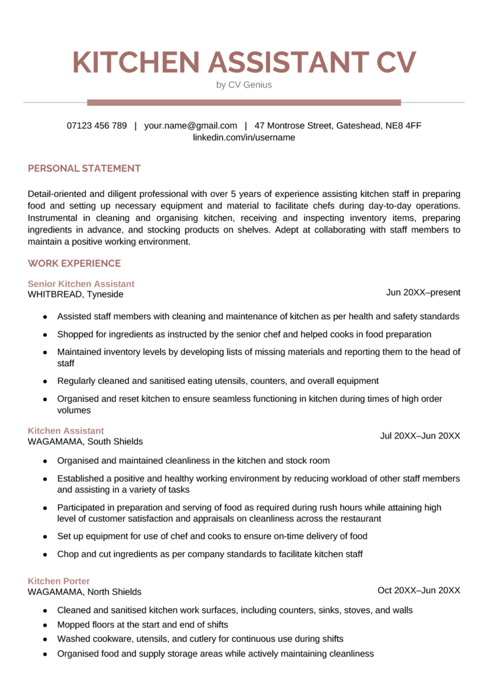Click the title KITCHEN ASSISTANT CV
244,62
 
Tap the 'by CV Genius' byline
244,85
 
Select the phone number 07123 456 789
97,126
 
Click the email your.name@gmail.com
191,126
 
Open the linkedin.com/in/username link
244,137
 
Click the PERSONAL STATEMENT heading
85,168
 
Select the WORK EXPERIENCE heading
74,263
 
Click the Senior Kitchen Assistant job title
81,284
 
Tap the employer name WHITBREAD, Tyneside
76,294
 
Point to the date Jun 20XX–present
423,292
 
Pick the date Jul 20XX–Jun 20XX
420,435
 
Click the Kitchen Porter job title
59,581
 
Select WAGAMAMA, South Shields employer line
85,441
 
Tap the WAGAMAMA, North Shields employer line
85,592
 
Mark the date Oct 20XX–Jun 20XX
419,590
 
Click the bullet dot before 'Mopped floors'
45,625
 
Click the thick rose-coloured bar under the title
244,102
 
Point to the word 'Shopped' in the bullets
74,334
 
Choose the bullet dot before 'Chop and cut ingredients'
45,554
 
